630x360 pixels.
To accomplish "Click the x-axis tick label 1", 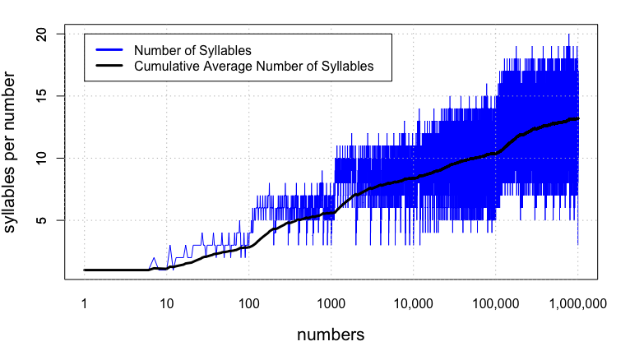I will [x=85, y=303].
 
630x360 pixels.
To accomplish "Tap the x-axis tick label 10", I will [x=167, y=303].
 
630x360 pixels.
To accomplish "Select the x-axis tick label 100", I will [x=249, y=303].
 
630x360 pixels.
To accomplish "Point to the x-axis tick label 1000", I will [x=331, y=303].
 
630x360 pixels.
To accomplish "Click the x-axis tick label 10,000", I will [x=414, y=303].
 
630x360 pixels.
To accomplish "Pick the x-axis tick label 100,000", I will [x=496, y=303].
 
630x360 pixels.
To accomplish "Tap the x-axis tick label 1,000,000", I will [x=577, y=303].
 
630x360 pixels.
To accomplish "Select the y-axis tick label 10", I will [x=50, y=158].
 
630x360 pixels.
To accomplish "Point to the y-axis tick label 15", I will [x=50, y=96].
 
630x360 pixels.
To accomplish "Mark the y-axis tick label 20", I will [x=50, y=34].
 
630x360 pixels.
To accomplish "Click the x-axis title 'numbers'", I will [x=331, y=335].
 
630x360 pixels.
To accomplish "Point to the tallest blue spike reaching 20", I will [x=568, y=35].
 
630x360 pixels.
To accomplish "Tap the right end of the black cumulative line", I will [x=578, y=118].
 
